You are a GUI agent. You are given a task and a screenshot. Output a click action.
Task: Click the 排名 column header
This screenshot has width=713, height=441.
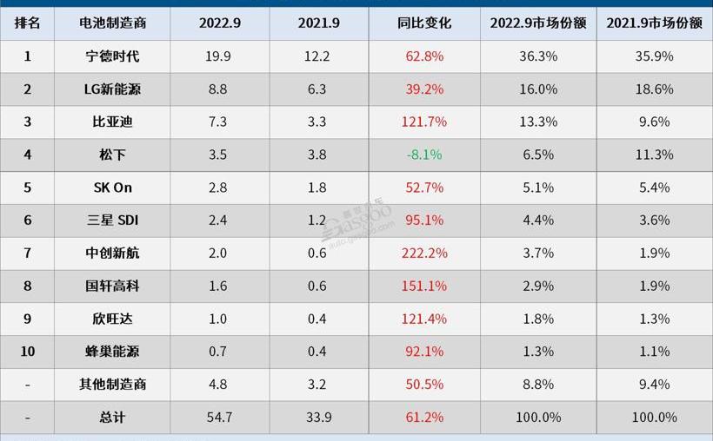click(27, 23)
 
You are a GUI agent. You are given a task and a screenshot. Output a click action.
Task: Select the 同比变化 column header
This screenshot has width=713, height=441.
click(424, 23)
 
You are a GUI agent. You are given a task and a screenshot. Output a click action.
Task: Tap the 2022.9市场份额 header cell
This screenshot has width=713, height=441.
click(538, 23)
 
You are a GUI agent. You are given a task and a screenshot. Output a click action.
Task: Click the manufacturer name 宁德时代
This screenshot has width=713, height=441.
click(112, 56)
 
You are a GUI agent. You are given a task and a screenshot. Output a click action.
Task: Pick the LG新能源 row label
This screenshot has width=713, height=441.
click(112, 89)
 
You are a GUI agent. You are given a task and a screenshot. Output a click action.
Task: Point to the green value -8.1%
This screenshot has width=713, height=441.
click(424, 155)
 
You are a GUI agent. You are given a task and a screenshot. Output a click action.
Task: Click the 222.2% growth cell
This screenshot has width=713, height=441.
click(424, 253)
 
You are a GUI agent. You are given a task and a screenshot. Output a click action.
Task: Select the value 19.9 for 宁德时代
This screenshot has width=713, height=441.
click(219, 56)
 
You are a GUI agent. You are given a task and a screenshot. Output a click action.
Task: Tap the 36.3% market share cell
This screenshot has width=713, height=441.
click(538, 56)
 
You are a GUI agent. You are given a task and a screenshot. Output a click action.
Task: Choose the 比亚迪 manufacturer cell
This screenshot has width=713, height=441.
click(112, 122)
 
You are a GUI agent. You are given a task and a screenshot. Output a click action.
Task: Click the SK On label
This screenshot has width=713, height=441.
click(112, 188)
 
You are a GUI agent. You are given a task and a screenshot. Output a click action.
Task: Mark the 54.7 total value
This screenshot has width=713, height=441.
click(219, 418)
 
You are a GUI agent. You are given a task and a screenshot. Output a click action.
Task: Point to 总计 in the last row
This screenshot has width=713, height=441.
click(112, 418)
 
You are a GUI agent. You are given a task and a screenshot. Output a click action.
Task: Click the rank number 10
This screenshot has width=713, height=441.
click(27, 352)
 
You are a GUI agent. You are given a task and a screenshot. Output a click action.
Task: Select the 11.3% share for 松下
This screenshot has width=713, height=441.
click(654, 155)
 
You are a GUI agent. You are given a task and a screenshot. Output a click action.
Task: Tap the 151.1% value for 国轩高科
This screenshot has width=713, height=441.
click(424, 286)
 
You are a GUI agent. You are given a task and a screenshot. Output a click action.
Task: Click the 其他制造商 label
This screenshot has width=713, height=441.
click(112, 385)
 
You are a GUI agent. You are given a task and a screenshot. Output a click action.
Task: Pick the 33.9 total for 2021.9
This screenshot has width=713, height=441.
click(318, 418)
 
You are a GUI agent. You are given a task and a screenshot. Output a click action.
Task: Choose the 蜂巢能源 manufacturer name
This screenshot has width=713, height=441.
click(112, 352)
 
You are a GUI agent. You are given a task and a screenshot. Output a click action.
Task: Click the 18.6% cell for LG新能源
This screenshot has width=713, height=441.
click(654, 89)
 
